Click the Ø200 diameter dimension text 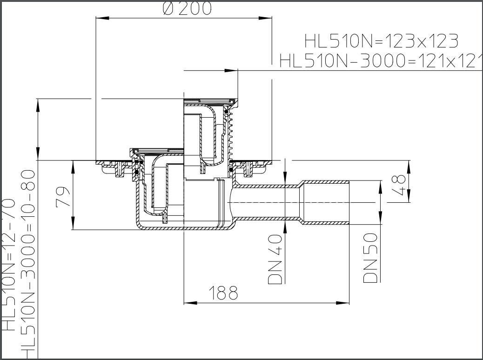[x=187, y=8]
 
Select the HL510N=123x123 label [x=381, y=41]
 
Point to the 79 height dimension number [x=64, y=196]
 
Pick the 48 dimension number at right [x=400, y=185]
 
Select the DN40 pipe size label [x=275, y=259]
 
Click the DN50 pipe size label [x=370, y=258]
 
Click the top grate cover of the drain [x=210, y=100]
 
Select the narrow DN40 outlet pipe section [x=265, y=202]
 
